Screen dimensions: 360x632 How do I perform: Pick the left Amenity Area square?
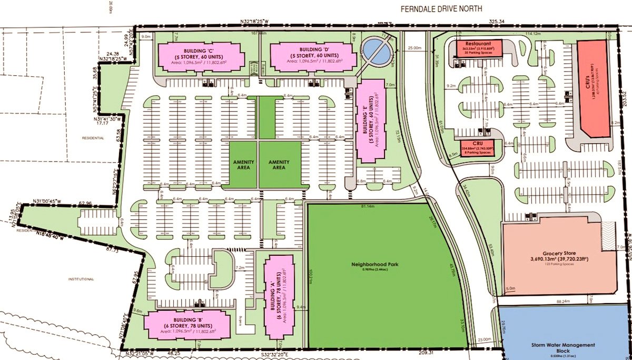click(x=242, y=164)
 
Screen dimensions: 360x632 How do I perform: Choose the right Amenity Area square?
click(x=279, y=164)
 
